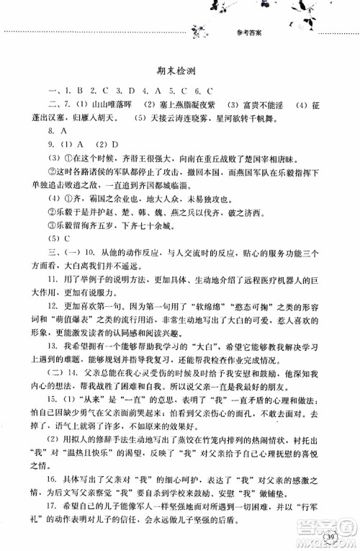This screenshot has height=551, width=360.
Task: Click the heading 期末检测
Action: tap(181, 71)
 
